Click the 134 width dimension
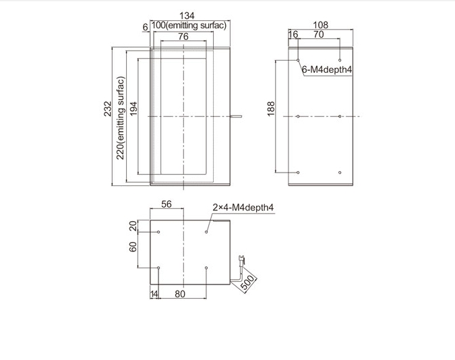187,16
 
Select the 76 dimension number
183,36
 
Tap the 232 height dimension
108,109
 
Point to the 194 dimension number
133,109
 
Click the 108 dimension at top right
321,25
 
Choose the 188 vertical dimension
270,109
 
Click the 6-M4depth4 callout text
327,69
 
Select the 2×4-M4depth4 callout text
243,207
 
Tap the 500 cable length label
247,282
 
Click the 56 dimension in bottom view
166,204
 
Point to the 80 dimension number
180,294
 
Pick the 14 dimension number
154,294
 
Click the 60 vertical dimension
133,247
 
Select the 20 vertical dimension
133,226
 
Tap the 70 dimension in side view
319,34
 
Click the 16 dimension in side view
293,34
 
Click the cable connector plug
241,260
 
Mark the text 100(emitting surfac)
189,25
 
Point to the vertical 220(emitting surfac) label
120,118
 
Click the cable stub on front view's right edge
236,117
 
